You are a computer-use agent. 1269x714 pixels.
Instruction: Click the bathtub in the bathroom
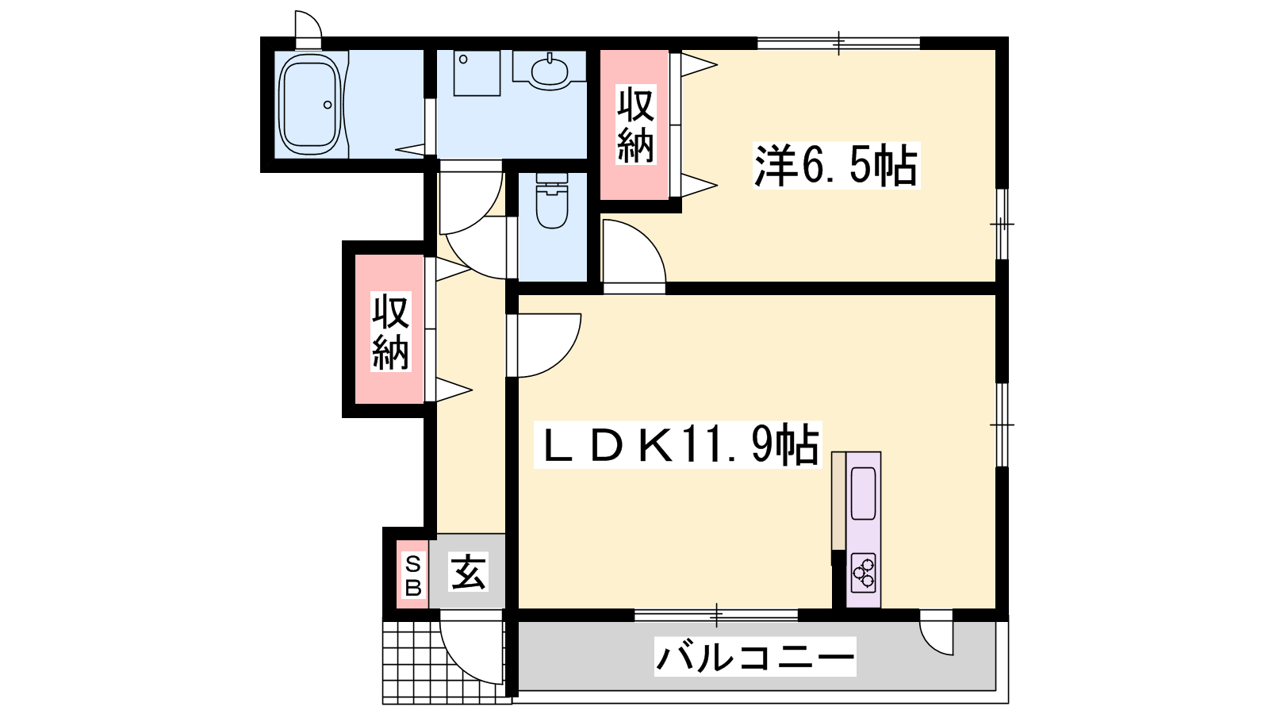[310, 104]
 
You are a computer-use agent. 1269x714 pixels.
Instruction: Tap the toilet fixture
[552, 201]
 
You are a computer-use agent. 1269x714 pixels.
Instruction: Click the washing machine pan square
[477, 73]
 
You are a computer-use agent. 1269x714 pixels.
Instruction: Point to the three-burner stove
[864, 573]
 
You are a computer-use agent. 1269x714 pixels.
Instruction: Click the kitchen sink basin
[864, 493]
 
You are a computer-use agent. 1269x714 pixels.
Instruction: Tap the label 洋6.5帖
[836, 166]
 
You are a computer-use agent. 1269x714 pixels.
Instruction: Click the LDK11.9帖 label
[677, 445]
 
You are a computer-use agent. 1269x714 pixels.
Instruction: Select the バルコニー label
[755, 657]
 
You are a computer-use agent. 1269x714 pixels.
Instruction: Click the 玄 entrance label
[468, 572]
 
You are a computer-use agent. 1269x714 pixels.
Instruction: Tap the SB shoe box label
[413, 576]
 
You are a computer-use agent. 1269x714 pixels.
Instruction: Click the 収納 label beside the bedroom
[635, 125]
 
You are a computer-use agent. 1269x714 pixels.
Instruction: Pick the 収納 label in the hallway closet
[390, 332]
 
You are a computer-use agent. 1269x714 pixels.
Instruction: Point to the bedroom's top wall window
[838, 43]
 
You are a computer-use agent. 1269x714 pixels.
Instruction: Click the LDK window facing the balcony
[716, 615]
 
